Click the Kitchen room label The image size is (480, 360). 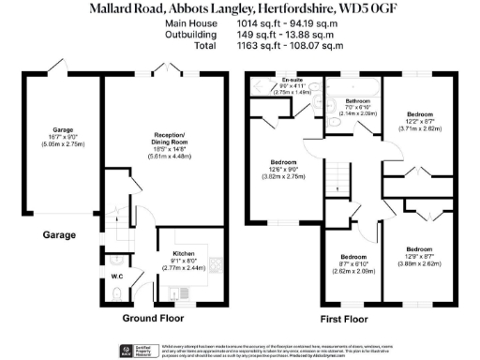pyautogui.click(x=184, y=252)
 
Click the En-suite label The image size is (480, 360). pyautogui.click(x=278, y=82)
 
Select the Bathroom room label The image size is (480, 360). pyautogui.click(x=358, y=101)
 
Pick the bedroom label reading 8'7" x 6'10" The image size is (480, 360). pyautogui.click(x=353, y=257)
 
